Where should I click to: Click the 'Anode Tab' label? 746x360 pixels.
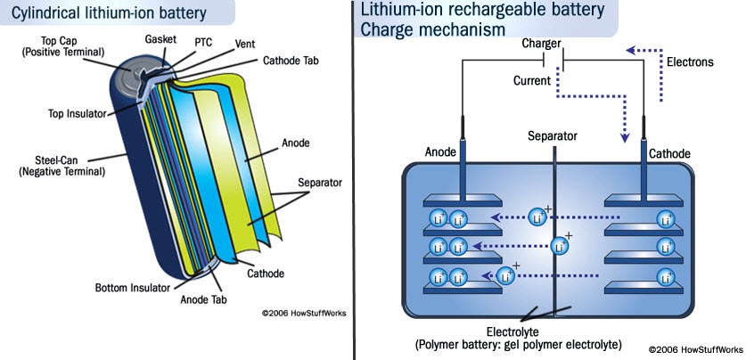point(206,299)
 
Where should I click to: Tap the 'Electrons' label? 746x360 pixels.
point(691,62)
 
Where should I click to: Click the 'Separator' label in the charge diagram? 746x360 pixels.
point(553,136)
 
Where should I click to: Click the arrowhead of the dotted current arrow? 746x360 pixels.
point(625,137)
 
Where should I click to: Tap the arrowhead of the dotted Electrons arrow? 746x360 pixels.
point(632,50)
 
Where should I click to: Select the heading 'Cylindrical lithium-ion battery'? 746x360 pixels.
point(104,12)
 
